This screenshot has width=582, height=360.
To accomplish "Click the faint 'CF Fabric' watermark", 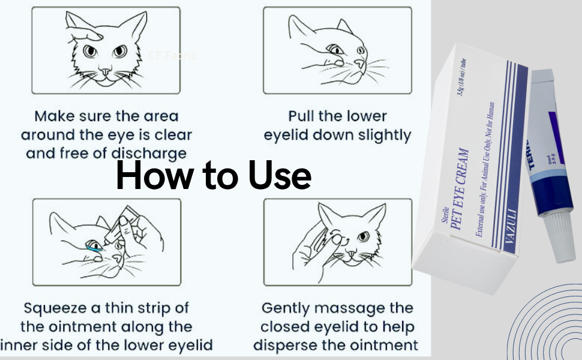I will click(172, 56).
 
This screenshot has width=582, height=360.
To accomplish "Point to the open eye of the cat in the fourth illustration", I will click(364, 236).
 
